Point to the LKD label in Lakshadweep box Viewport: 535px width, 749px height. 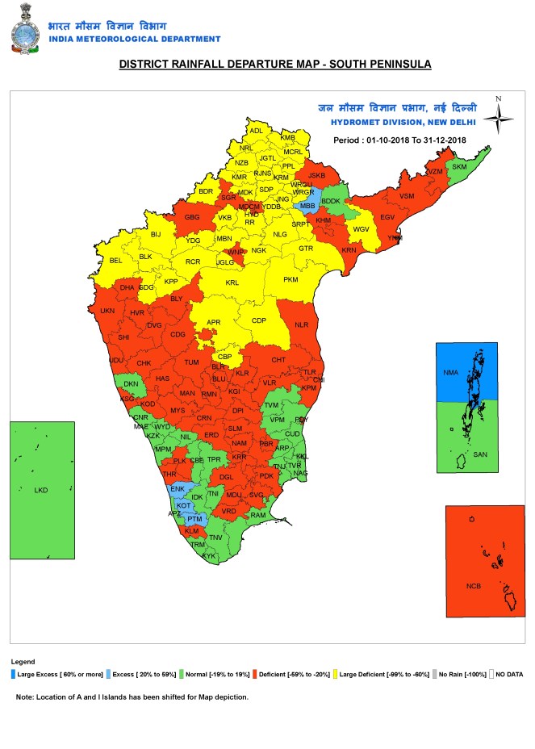point(40,490)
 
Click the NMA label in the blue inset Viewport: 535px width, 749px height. point(452,373)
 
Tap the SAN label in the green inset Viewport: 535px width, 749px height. point(480,455)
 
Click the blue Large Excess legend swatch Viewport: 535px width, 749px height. point(14,673)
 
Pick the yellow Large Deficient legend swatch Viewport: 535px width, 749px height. point(335,673)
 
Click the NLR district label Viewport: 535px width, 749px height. point(302,325)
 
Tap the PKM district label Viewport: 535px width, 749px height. point(290,279)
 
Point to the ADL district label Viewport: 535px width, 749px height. point(257,131)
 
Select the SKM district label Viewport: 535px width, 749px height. point(459,167)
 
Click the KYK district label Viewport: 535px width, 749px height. point(209,556)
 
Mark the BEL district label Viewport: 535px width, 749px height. point(115,261)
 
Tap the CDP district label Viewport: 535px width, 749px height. point(259,320)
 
